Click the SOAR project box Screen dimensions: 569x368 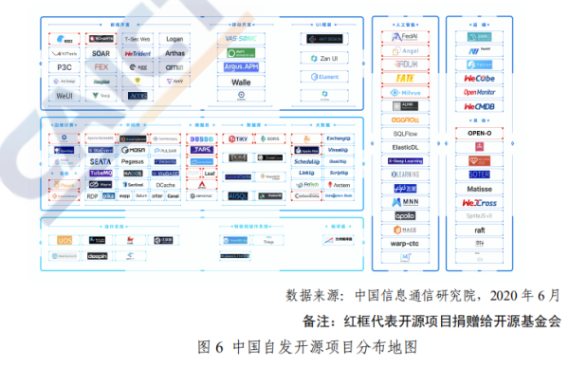(x=101, y=53)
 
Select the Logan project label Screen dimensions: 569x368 (x=174, y=39)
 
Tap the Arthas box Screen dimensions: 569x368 (x=174, y=53)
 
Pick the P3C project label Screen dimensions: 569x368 (x=65, y=67)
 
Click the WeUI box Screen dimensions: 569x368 (x=65, y=96)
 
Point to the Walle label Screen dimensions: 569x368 (x=241, y=82)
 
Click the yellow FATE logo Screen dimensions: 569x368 (x=405, y=78)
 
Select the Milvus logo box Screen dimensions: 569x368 (x=405, y=92)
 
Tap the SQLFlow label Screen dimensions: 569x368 (x=405, y=134)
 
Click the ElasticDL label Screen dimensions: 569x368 (x=405, y=148)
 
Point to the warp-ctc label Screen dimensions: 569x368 (x=405, y=243)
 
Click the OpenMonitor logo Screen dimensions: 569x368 (x=478, y=92)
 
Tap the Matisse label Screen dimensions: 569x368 (x=478, y=188)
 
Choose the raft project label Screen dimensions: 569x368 (x=478, y=230)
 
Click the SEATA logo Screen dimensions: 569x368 (x=101, y=161)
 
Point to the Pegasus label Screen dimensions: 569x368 (x=134, y=162)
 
